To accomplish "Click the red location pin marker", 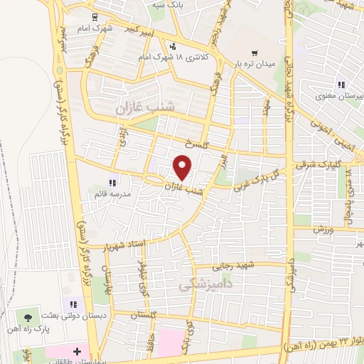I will [183, 167].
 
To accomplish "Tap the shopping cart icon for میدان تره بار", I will [255, 53].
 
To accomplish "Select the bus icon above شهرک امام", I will [95, 16].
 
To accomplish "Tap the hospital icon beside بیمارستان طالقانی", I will [77, 351].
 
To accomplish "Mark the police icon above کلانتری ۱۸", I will [173, 45].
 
